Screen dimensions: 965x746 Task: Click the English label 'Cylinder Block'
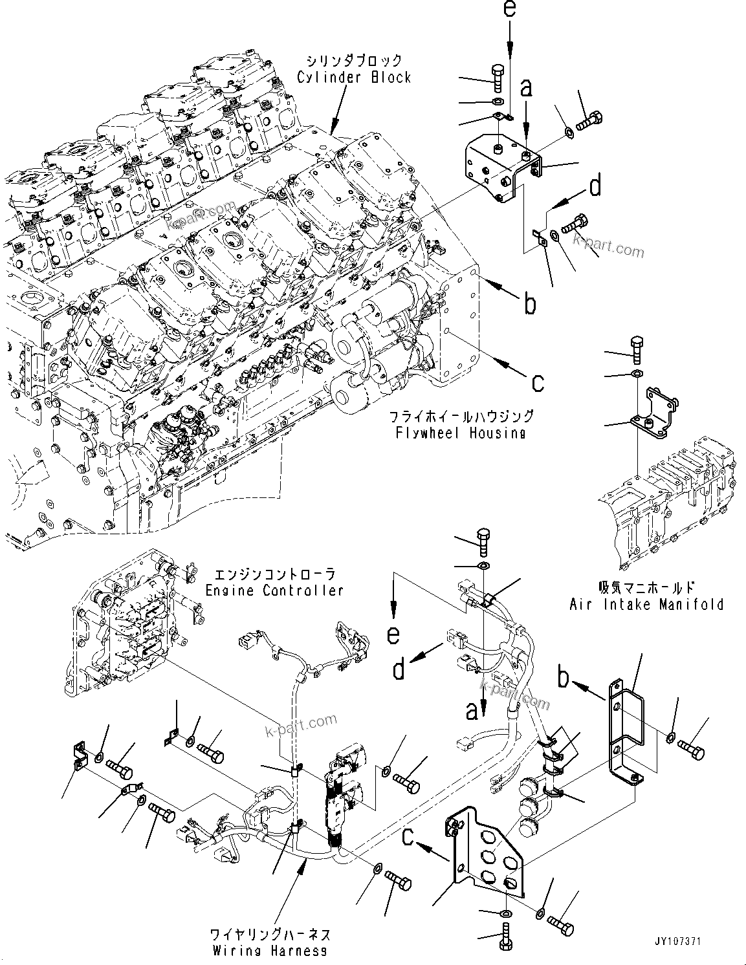pos(354,78)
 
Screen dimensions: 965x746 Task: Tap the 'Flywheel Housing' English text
pos(460,433)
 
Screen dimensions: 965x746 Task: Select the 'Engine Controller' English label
pos(274,591)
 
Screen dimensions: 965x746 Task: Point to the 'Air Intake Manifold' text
pos(646,604)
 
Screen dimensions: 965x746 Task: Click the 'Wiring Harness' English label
pos(270,951)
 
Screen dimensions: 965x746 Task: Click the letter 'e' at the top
pos(510,10)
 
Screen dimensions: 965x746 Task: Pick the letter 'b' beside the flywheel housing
pos(530,303)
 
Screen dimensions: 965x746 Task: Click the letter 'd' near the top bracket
pos(595,186)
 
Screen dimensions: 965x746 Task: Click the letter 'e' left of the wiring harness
pos(393,634)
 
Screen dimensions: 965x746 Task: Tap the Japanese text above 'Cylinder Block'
pos(354,61)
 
